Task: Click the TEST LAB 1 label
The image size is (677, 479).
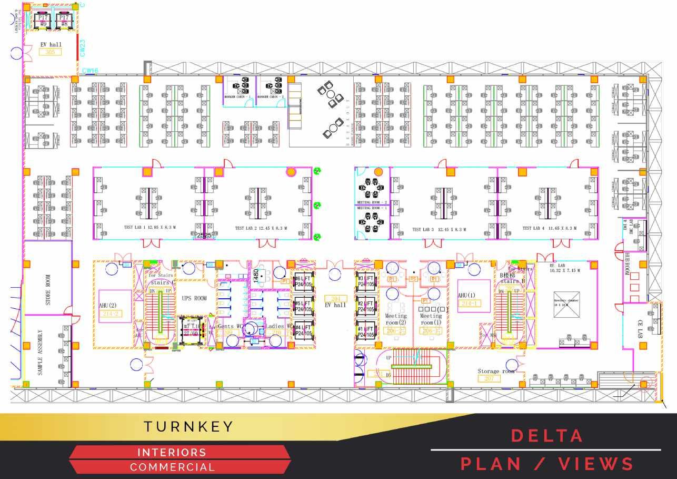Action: [127, 228]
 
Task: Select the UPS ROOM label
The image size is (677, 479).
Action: [194, 298]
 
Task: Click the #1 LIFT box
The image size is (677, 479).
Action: [366, 331]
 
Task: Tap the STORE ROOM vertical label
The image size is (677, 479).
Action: [48, 289]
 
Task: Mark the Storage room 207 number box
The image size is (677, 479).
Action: [489, 378]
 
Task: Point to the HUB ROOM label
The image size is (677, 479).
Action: [627, 263]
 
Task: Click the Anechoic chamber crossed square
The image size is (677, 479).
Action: [566, 304]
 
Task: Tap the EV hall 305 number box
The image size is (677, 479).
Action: [50, 52]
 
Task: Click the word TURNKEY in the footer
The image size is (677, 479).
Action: [189, 426]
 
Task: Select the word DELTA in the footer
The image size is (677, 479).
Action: [547, 436]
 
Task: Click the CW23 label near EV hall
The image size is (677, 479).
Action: [83, 47]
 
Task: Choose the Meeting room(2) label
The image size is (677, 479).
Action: [396, 319]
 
